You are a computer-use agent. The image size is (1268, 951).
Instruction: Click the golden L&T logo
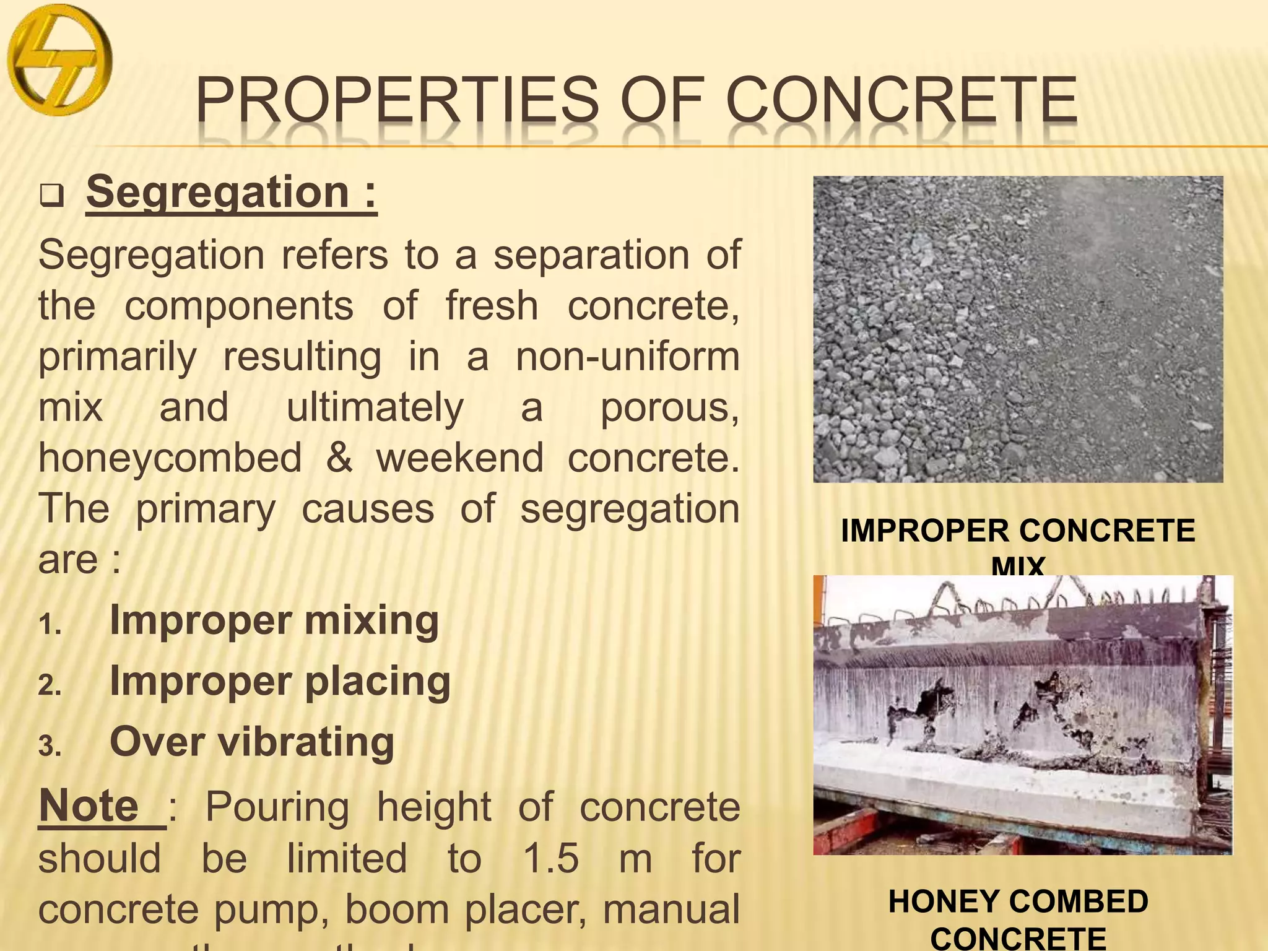59,60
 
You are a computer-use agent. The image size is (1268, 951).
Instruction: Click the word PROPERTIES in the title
396,100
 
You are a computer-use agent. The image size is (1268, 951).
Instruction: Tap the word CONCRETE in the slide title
901,100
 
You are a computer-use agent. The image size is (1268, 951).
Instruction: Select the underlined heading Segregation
230,193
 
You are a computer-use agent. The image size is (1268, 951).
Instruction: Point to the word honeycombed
170,458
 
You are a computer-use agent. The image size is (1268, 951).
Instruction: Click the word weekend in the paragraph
459,458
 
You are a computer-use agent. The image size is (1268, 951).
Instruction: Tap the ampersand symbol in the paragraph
339,458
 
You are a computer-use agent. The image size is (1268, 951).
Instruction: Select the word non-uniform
627,357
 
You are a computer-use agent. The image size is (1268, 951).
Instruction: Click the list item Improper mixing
274,620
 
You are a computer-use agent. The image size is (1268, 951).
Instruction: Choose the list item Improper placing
280,681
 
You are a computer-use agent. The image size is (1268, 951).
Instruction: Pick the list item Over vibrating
251,742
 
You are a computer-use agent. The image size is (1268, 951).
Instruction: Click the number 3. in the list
50,747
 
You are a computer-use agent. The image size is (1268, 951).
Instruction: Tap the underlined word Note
90,807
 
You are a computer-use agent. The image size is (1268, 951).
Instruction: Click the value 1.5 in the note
551,859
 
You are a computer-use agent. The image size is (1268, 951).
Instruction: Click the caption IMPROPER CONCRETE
1017,531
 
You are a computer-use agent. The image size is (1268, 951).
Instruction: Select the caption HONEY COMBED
1018,901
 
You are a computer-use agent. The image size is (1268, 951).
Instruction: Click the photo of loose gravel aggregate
1017,329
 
